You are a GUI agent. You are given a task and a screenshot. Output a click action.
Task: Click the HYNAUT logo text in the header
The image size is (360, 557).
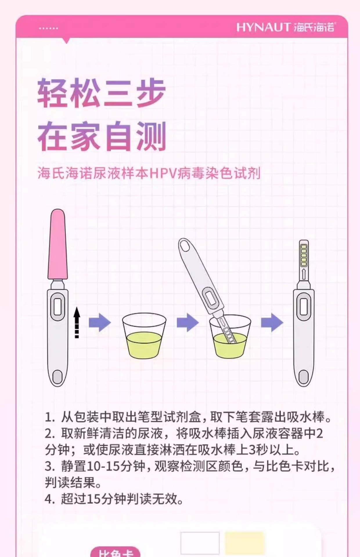pos(263,27)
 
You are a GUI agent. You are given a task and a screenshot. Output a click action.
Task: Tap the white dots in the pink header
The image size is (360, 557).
pos(48,28)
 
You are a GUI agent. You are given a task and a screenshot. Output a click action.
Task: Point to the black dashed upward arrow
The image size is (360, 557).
pos(77,323)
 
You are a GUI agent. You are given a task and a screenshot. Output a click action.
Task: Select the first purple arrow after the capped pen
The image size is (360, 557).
pos(100,322)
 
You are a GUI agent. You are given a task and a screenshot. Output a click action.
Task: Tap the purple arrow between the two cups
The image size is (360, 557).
pos(188,322)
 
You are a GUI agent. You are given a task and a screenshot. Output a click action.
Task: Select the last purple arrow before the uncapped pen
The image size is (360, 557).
pos(272,322)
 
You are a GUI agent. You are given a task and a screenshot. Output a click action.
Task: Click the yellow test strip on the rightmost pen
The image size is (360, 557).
pos(304,255)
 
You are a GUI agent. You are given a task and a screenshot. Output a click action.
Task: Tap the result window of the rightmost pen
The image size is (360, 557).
pos(304,307)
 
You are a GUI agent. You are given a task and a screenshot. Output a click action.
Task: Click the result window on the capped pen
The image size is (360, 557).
pos(57,307)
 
